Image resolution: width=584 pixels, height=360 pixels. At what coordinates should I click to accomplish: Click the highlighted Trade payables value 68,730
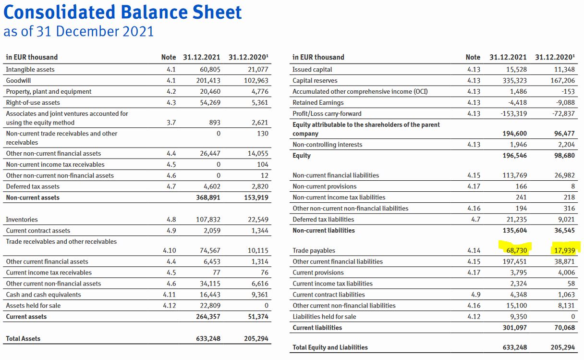[515, 250]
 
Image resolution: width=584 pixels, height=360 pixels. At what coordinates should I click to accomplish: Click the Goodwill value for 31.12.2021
[208, 80]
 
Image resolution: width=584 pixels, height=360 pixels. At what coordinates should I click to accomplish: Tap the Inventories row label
[22, 220]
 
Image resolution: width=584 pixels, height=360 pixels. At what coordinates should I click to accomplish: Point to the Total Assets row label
[23, 338]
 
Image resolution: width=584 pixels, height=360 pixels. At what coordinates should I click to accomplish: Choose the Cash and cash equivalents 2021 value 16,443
[210, 295]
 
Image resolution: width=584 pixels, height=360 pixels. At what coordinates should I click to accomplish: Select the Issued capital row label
[312, 70]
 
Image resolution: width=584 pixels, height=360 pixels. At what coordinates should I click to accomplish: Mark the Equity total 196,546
[513, 155]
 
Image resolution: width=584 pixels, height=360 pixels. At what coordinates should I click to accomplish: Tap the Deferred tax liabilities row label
[323, 220]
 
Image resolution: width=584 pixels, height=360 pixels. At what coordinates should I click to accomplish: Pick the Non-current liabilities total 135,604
[513, 230]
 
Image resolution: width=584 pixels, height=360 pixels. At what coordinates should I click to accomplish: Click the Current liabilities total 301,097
[513, 327]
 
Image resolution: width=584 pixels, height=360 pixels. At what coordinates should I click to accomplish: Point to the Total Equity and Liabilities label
[330, 347]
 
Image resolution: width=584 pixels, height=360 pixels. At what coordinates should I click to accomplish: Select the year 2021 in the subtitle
[137, 31]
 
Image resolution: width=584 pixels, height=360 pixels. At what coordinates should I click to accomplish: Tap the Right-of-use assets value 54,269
[210, 102]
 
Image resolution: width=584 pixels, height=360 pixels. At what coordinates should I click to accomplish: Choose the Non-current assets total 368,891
[208, 198]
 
